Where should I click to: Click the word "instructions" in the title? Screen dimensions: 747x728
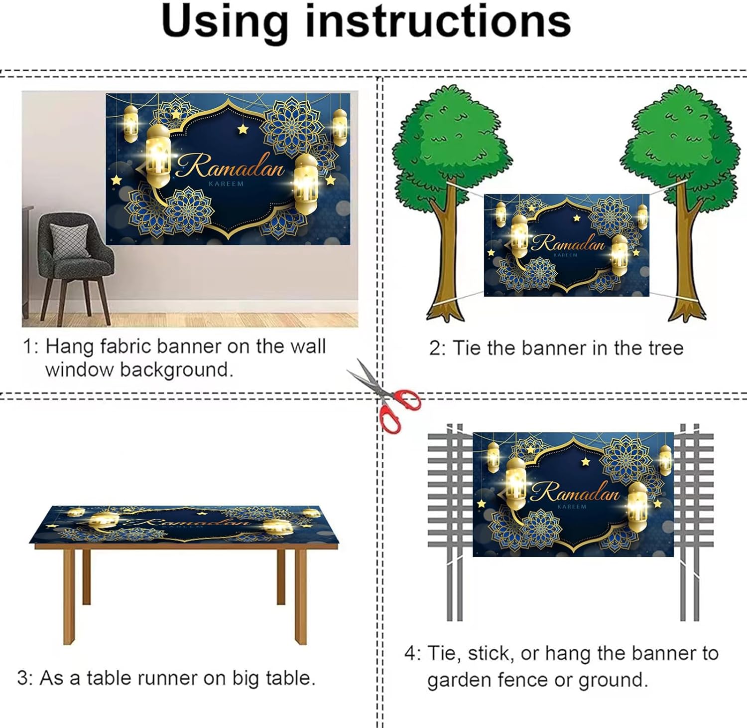438,21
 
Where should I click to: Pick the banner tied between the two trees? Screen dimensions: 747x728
566,245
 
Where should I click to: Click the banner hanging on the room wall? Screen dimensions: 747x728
228,169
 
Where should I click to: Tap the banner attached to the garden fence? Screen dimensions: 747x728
573,494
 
